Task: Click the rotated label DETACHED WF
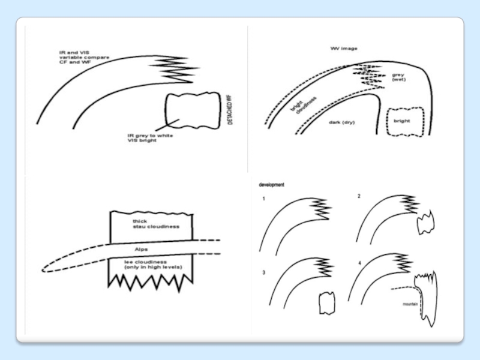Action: [x=230, y=110]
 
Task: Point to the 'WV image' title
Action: [x=344, y=48]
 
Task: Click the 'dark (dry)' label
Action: [x=342, y=122]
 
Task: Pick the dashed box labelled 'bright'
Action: [x=406, y=121]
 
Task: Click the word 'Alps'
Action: [x=141, y=248]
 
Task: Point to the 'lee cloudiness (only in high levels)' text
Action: [x=153, y=264]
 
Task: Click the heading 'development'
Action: [x=272, y=185]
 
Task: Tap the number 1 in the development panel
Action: [x=263, y=199]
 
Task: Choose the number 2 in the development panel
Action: [x=359, y=196]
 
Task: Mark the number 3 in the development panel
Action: [x=263, y=273]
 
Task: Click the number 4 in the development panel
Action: [x=359, y=263]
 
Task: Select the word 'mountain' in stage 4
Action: [x=410, y=304]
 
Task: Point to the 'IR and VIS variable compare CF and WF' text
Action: [x=84, y=57]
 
